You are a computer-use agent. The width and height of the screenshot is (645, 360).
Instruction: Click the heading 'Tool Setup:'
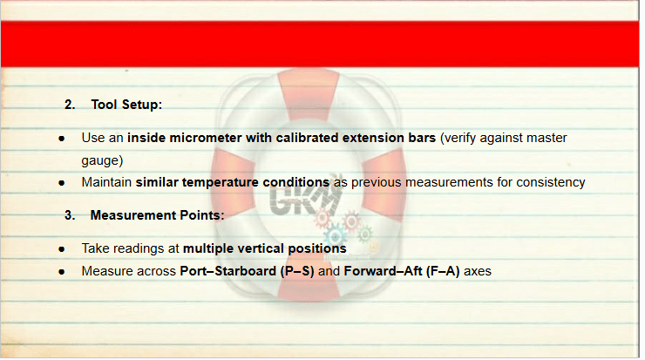point(126,105)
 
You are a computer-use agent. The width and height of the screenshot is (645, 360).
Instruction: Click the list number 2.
point(70,105)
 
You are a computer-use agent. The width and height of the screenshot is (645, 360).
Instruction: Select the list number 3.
point(70,215)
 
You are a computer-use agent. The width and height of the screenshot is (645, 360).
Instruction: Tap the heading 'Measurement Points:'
point(157,215)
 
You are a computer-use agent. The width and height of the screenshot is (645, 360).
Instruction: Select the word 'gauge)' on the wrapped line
point(102,160)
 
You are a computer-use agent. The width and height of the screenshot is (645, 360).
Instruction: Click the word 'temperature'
point(220,182)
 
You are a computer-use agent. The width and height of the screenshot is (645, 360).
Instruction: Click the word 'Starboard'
point(245,271)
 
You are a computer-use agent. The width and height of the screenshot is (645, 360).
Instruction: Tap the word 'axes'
point(478,272)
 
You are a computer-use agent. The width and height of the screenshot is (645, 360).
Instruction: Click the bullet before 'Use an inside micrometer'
point(62,139)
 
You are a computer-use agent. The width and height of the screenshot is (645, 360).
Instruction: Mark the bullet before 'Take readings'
point(62,249)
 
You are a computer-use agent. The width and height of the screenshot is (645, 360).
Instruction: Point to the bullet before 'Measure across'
point(62,272)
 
